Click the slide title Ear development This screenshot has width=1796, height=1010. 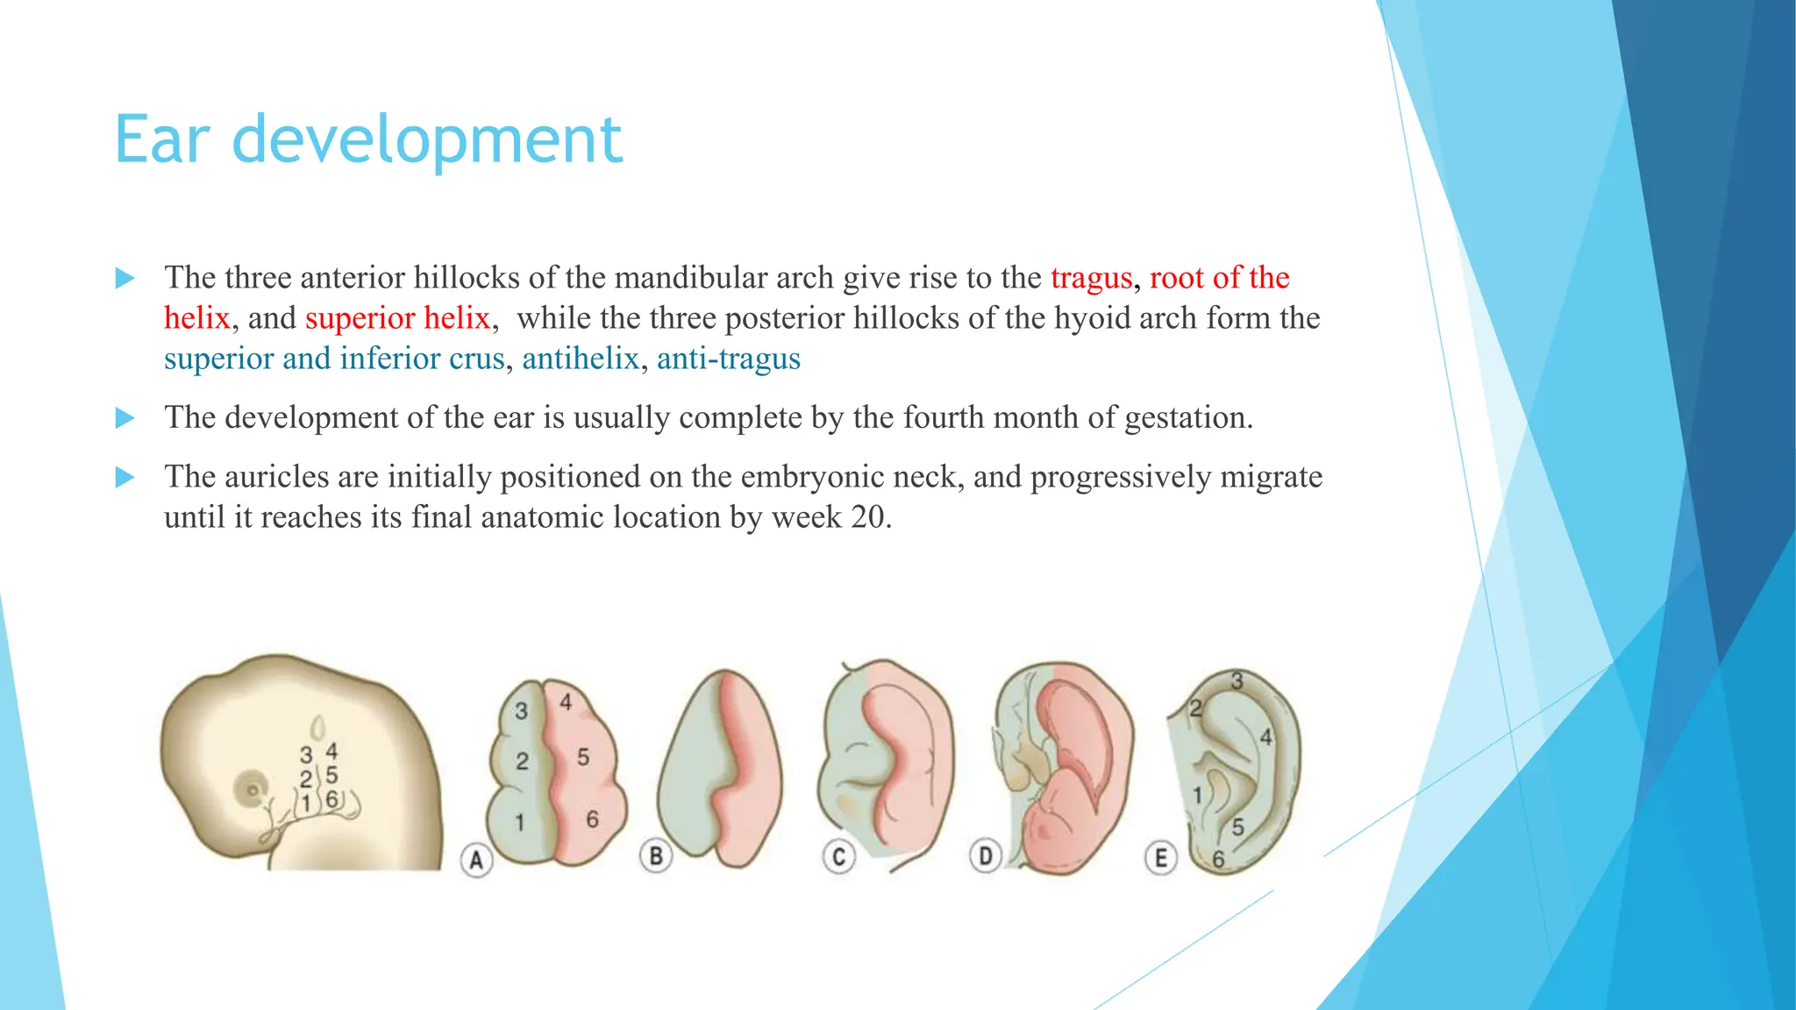point(368,140)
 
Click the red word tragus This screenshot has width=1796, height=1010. point(1091,278)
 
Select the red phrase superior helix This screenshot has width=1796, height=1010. point(397,318)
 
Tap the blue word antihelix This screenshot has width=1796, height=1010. point(581,359)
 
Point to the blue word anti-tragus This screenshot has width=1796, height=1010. point(728,359)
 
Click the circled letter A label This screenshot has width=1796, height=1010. point(476,860)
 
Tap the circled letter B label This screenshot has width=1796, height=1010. point(656,856)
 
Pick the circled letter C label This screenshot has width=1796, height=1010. point(838,857)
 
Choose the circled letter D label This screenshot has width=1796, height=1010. point(986,856)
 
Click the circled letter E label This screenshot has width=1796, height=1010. point(1161,857)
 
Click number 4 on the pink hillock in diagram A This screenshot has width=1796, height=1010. point(567,702)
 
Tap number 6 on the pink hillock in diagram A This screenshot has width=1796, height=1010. point(592,820)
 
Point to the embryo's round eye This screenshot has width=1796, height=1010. point(253,790)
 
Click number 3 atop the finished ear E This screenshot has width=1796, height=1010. point(1237,681)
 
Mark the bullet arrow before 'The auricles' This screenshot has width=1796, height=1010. point(125,478)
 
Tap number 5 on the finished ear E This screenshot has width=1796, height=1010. point(1237,827)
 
